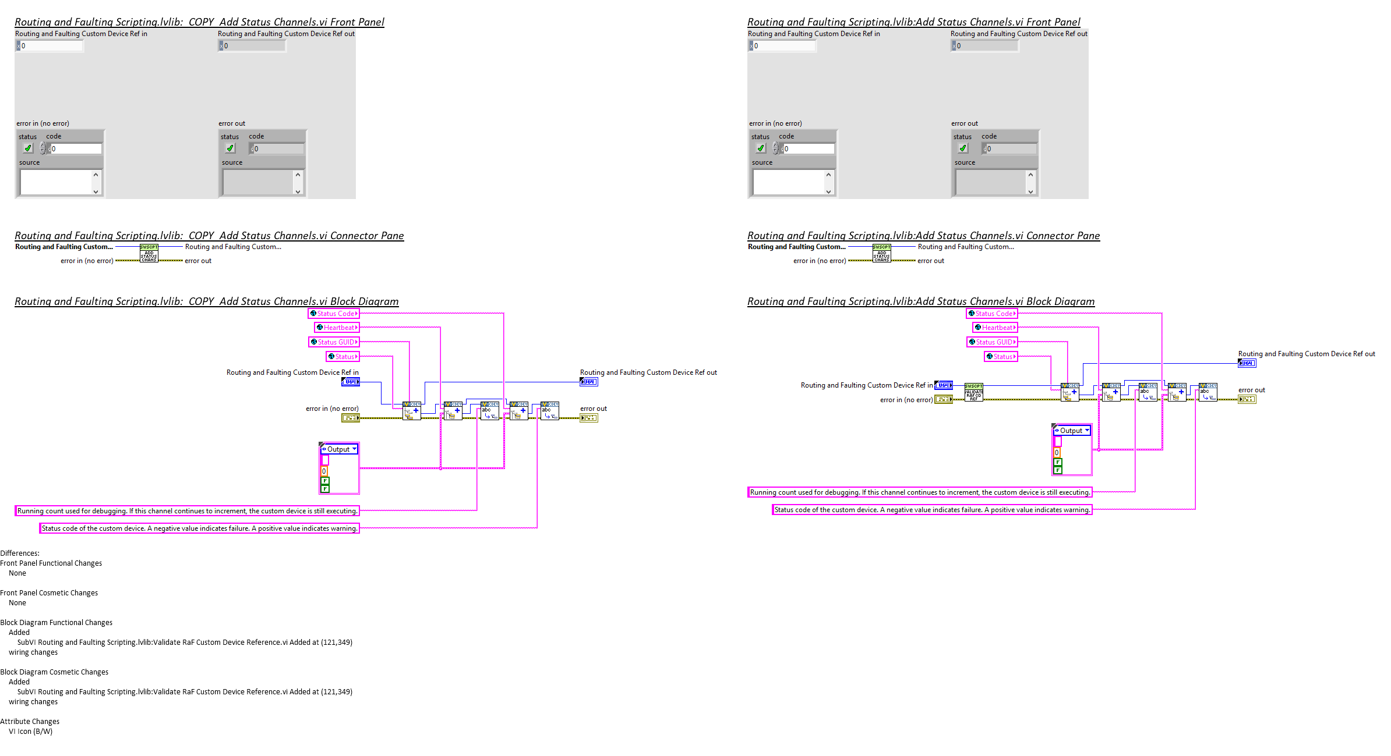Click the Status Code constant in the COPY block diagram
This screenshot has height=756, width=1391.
pyautogui.click(x=334, y=314)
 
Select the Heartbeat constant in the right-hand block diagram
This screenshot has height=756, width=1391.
pyautogui.click(x=995, y=328)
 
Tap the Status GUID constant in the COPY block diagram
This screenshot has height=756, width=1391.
pyautogui.click(x=334, y=342)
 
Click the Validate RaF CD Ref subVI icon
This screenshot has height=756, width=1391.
pyautogui.click(x=973, y=392)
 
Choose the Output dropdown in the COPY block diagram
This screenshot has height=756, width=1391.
pyautogui.click(x=339, y=449)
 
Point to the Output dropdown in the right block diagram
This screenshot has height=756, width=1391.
pyautogui.click(x=1072, y=431)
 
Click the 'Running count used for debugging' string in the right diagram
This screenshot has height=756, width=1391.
pyautogui.click(x=920, y=492)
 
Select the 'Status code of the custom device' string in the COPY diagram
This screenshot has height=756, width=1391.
pyautogui.click(x=199, y=528)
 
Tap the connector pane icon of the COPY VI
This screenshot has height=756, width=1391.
pyautogui.click(x=149, y=253)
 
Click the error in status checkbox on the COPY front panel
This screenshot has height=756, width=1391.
pyautogui.click(x=27, y=148)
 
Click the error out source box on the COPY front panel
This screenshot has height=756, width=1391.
pyautogui.click(x=257, y=182)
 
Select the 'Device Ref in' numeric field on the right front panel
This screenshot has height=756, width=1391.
pyautogui.click(x=783, y=46)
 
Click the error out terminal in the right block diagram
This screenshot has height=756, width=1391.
pyautogui.click(x=1247, y=399)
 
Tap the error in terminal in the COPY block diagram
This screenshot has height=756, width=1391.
pyautogui.click(x=350, y=418)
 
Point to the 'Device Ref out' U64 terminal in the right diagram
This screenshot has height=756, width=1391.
pyautogui.click(x=1247, y=363)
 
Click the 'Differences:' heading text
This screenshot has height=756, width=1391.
pyautogui.click(x=20, y=553)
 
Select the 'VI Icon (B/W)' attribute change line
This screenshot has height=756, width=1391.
pyautogui.click(x=30, y=732)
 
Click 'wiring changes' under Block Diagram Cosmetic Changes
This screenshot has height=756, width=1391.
pyautogui.click(x=33, y=702)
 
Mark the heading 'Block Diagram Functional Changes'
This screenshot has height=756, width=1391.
pyautogui.click(x=57, y=623)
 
